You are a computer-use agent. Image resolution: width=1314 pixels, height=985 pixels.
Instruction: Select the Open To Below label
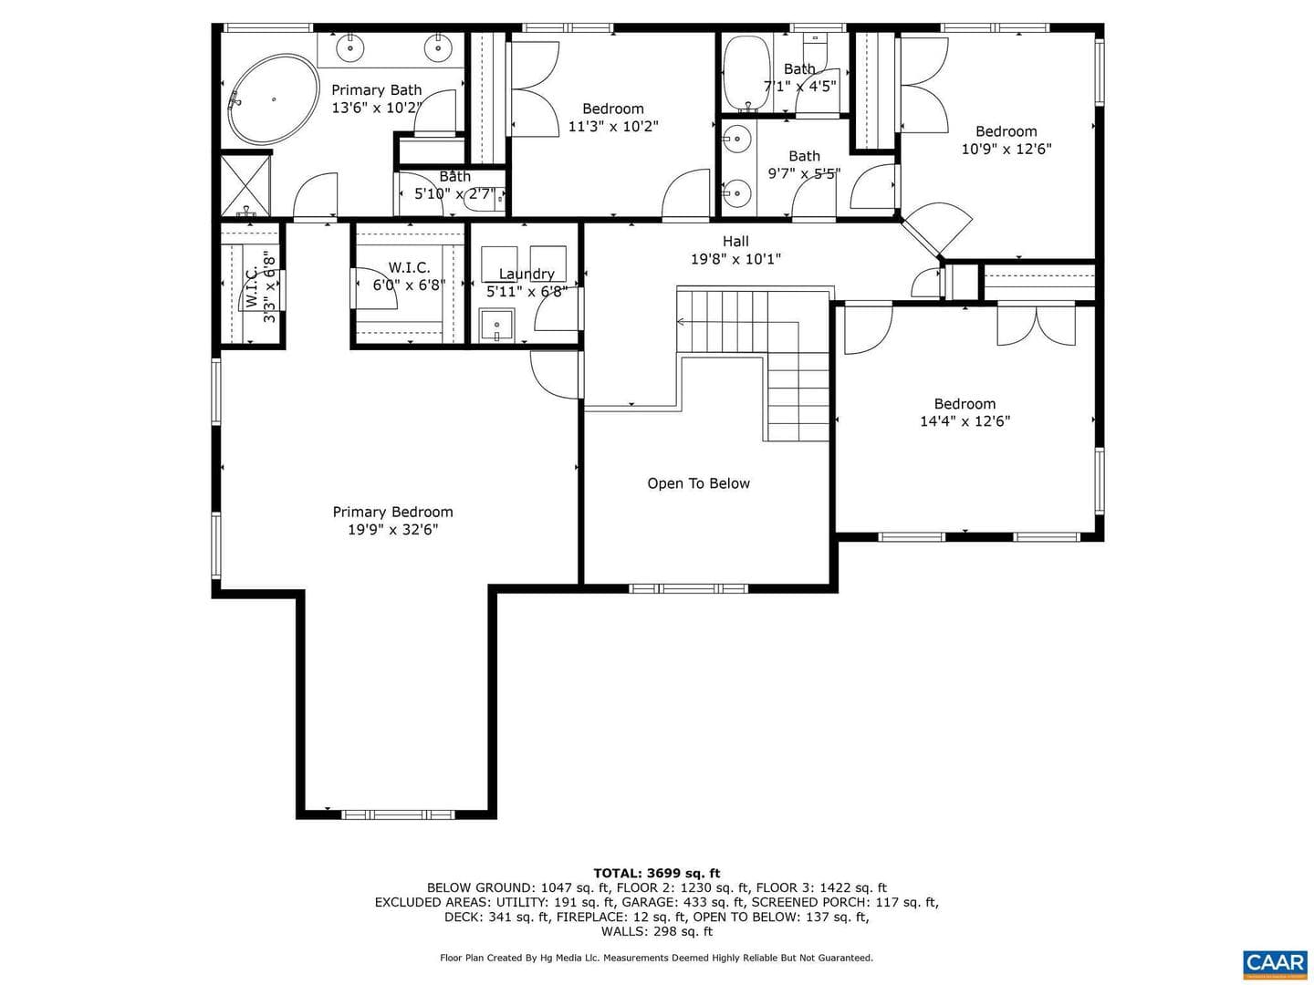[698, 483]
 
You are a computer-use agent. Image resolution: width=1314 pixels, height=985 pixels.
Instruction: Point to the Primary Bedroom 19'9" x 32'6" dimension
[392, 529]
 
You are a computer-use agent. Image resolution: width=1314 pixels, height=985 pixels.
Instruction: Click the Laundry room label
[527, 274]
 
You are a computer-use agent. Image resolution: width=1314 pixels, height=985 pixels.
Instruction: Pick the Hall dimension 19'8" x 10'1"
[735, 259]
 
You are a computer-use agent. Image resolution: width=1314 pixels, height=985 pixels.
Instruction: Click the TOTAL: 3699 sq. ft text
[657, 873]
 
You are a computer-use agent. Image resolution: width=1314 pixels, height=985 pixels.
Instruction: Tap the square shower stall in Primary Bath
[245, 185]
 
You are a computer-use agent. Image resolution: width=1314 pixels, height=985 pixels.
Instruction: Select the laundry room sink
[496, 326]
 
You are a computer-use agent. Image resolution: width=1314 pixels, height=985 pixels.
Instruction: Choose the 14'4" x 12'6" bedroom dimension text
[965, 421]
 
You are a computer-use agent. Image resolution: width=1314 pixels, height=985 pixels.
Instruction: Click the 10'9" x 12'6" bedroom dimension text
[1006, 149]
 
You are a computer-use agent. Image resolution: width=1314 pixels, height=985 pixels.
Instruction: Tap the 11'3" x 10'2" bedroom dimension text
[612, 126]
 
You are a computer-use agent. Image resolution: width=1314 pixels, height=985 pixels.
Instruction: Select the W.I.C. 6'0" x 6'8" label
[409, 276]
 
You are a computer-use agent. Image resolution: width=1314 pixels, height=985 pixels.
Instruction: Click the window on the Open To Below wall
[688, 588]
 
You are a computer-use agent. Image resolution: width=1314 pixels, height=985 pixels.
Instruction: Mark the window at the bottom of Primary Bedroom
[398, 814]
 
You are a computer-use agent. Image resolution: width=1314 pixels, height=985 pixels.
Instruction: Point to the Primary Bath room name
[377, 90]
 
